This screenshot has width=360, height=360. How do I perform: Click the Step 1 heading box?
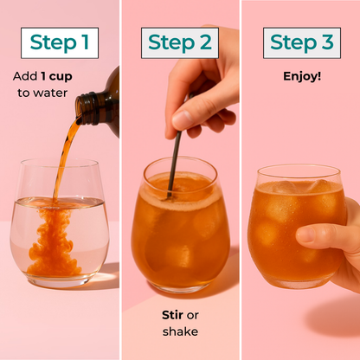pyautogui.click(x=60, y=43)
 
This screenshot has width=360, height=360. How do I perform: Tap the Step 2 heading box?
pyautogui.click(x=180, y=43)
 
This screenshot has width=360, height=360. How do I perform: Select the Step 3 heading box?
pyautogui.click(x=302, y=43)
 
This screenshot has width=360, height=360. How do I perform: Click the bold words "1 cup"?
pyautogui.click(x=56, y=76)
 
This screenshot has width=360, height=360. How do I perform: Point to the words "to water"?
pyautogui.click(x=42, y=93)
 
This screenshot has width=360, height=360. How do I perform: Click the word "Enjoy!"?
pyautogui.click(x=302, y=76)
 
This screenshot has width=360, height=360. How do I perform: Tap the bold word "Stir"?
pyautogui.click(x=173, y=315)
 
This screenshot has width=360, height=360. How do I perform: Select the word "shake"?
pyautogui.click(x=180, y=331)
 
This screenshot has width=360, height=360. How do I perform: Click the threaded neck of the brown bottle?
pyautogui.click(x=87, y=108)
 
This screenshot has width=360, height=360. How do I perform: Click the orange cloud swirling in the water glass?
pyautogui.click(x=54, y=242)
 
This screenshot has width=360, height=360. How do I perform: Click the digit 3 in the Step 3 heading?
pyautogui.click(x=327, y=42)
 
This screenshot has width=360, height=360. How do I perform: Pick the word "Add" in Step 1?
pyautogui.click(x=25, y=76)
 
